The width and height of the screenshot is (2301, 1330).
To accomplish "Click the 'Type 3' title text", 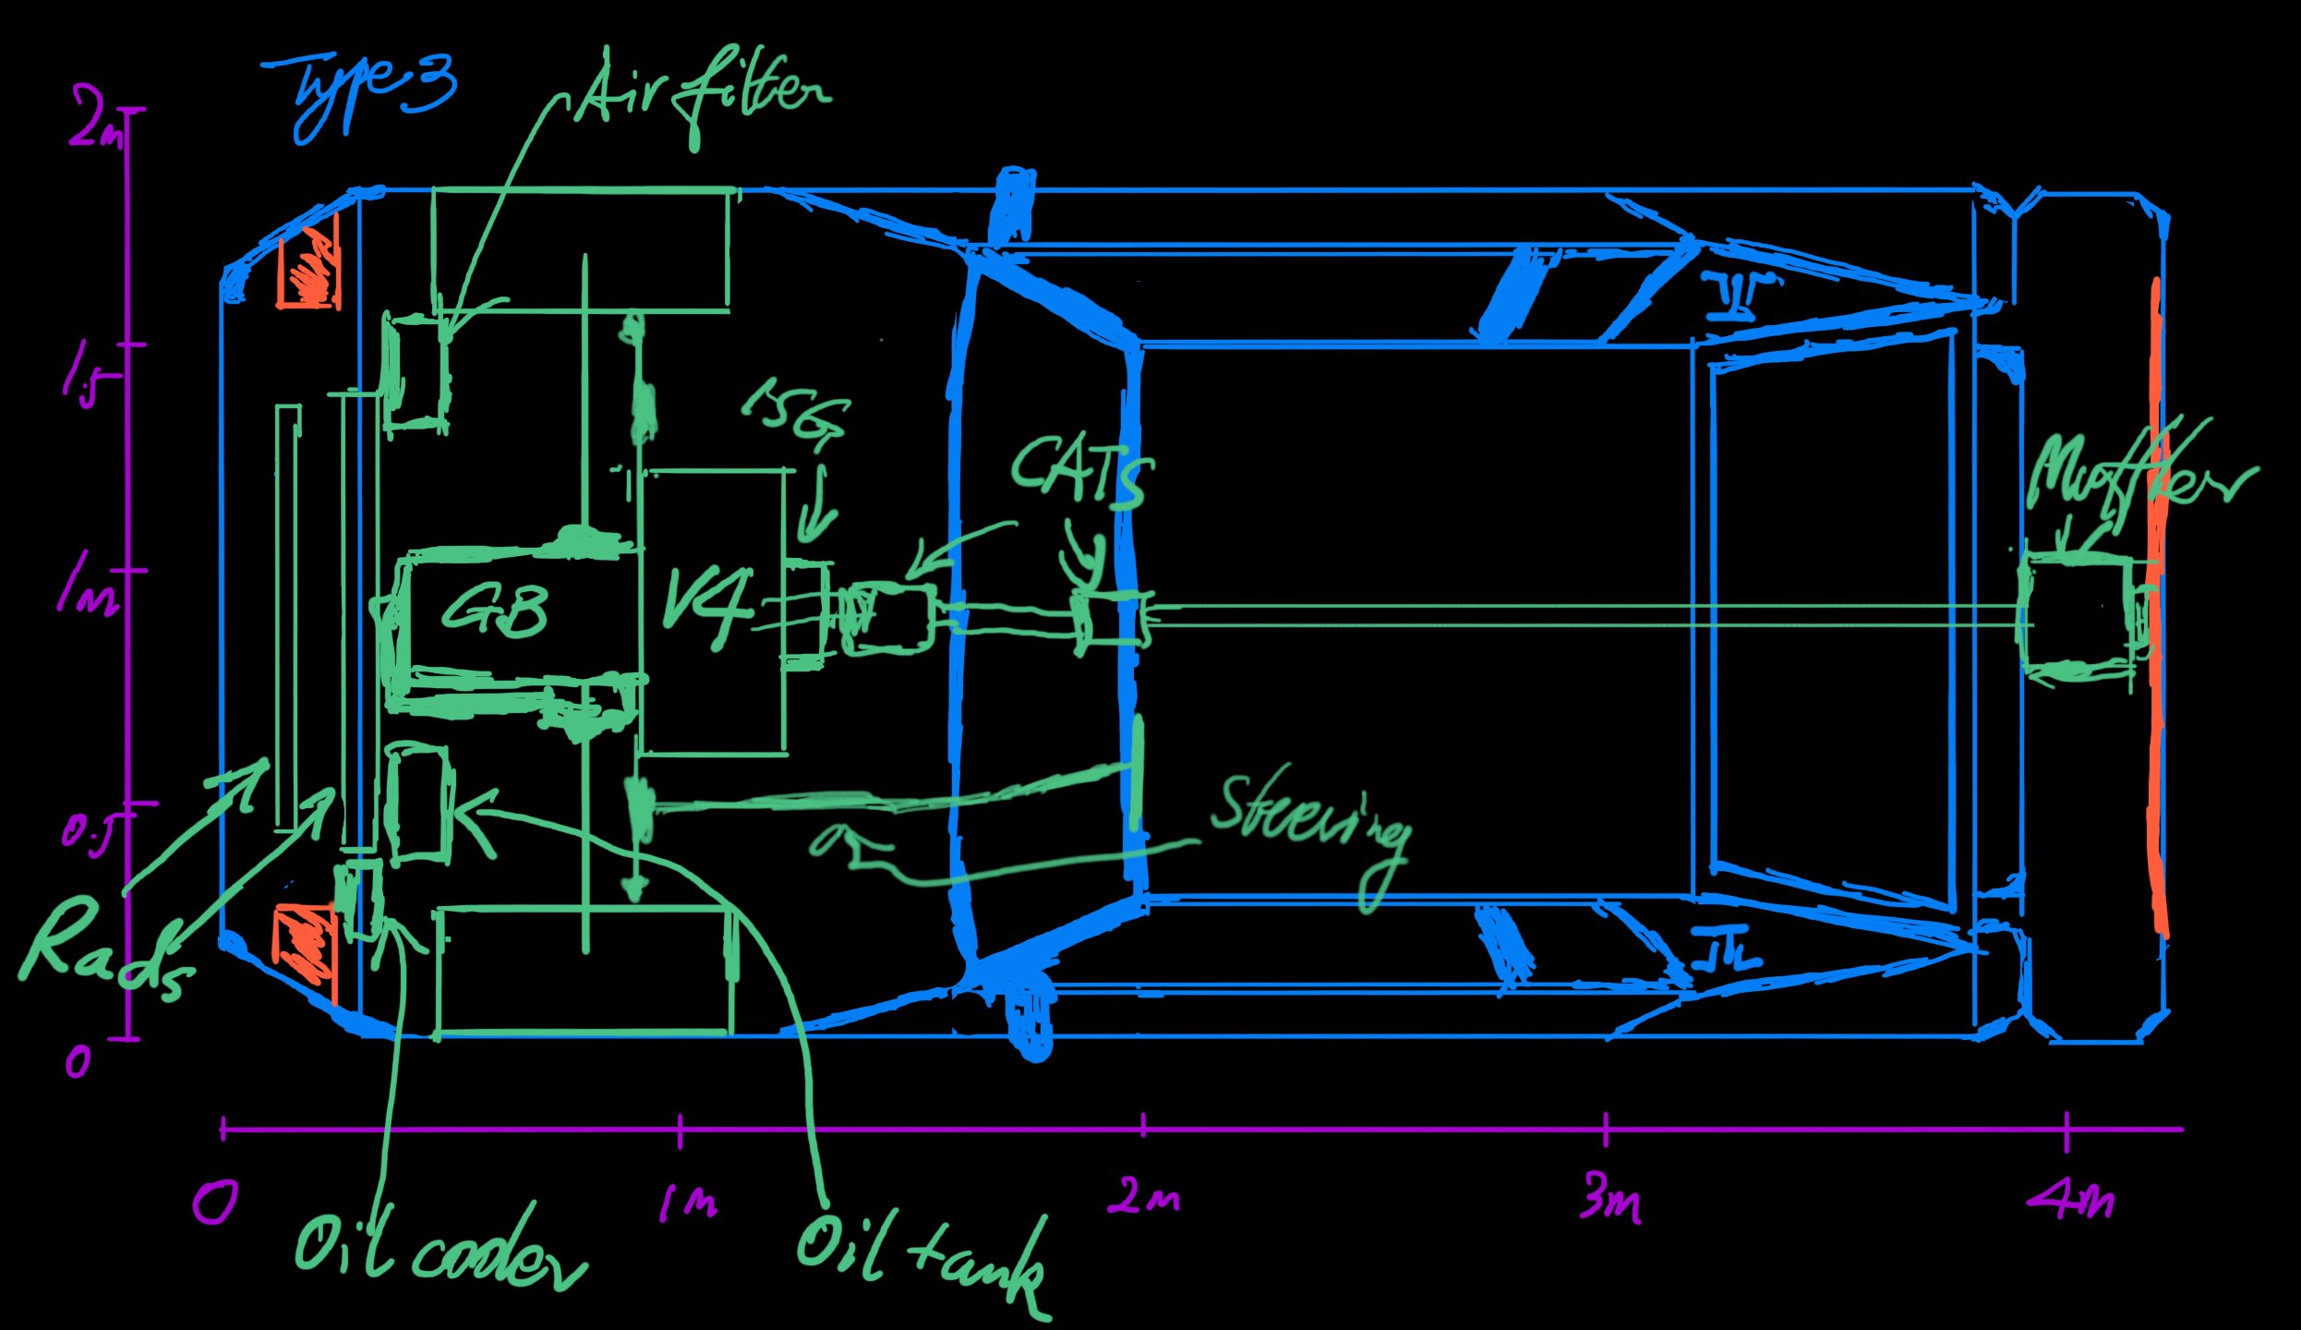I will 365,92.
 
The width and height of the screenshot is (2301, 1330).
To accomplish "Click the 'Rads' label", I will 102,951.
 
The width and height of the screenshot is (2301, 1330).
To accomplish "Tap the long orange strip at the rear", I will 2157,610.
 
